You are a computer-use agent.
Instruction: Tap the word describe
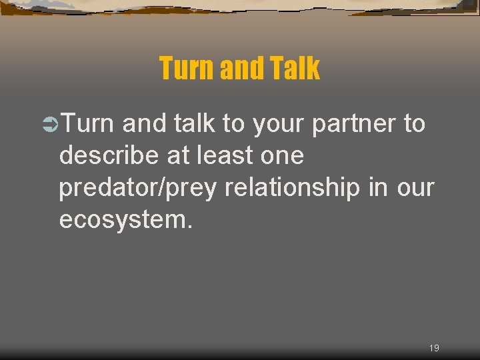pos(105,155)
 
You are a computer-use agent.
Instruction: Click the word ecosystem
pos(126,220)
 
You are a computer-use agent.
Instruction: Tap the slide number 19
pos(434,348)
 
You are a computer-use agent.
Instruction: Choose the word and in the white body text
pos(145,123)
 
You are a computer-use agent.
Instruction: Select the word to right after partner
pos(414,124)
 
